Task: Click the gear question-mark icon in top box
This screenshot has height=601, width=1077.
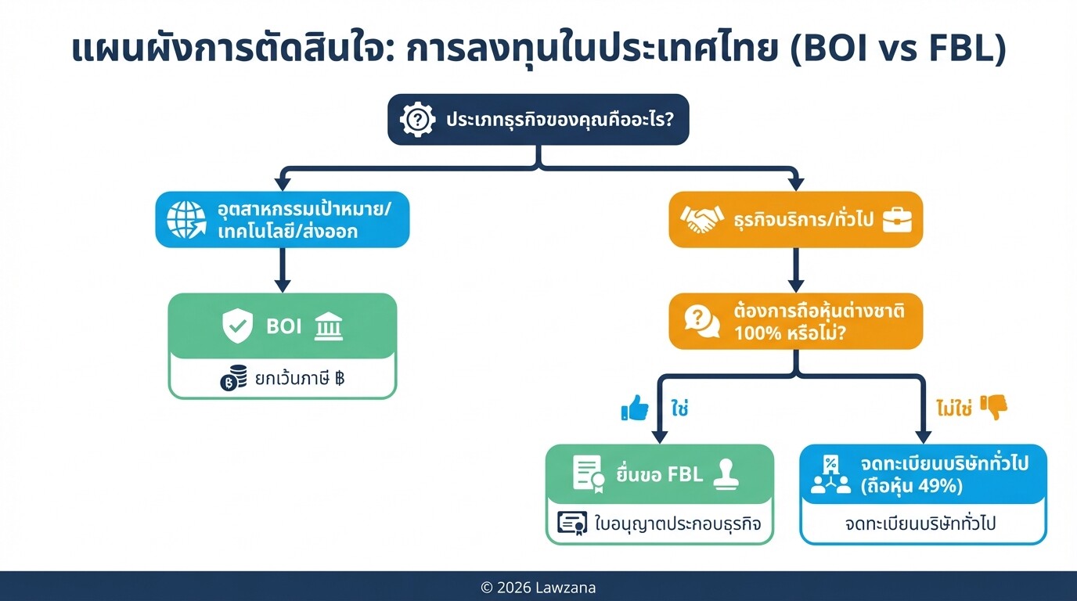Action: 418,120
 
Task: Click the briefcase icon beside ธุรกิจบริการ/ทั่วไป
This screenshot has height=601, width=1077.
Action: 898,220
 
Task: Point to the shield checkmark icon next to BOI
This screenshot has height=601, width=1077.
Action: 237,326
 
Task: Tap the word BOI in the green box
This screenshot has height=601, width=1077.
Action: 283,326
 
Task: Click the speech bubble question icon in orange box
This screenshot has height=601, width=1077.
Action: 701,321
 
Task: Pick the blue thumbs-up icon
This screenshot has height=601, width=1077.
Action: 635,408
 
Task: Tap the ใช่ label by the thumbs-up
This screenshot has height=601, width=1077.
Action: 679,408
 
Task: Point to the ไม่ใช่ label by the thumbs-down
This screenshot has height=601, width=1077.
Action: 953,408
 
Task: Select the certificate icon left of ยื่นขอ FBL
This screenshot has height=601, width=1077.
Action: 589,473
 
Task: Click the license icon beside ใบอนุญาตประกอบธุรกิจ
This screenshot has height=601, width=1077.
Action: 572,523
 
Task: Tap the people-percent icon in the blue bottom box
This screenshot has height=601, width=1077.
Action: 830,474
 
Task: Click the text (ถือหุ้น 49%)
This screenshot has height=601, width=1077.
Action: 911,486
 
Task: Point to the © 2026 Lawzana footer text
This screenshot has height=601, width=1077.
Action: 538,588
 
